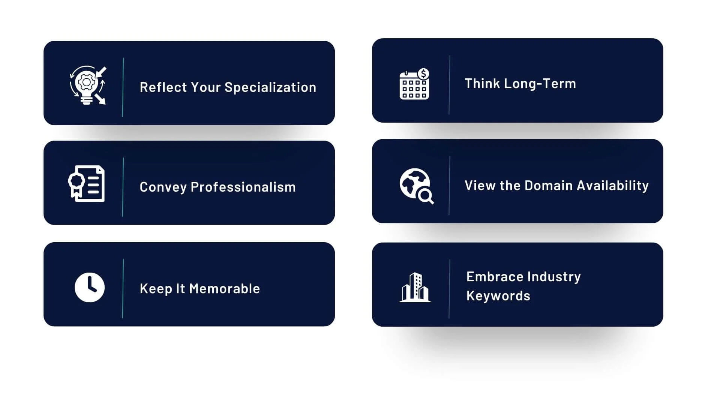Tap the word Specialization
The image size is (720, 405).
click(x=270, y=87)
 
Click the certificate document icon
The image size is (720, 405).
click(x=86, y=183)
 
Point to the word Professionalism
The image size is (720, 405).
click(x=243, y=187)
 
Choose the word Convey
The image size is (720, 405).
click(x=163, y=187)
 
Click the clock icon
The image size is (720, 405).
click(x=90, y=287)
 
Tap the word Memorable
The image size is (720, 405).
click(x=224, y=289)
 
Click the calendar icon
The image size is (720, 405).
click(x=414, y=84)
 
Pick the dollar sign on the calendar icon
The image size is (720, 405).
click(x=423, y=74)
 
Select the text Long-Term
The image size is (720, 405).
click(x=540, y=84)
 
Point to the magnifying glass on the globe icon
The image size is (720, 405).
click(x=426, y=196)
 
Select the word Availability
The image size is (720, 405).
click(x=613, y=186)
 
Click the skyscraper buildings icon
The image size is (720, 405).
click(x=415, y=287)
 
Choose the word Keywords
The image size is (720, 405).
click(x=498, y=296)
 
